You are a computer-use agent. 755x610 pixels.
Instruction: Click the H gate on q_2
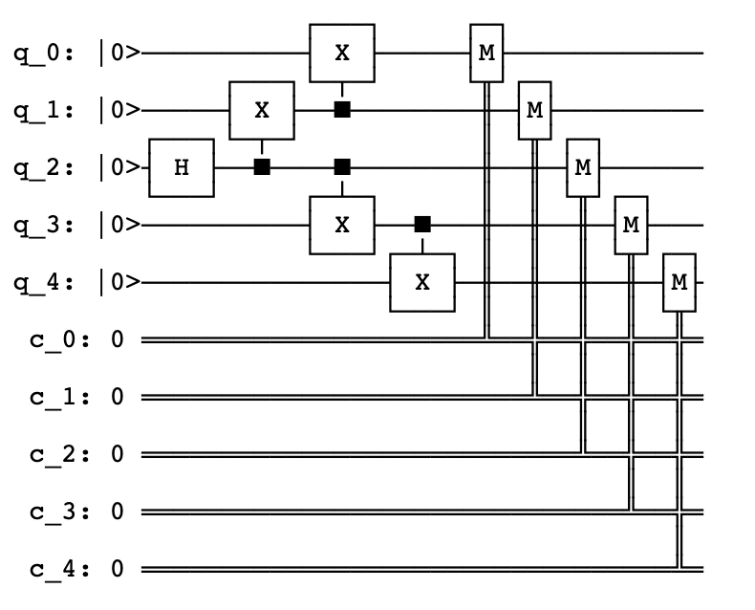click(182, 167)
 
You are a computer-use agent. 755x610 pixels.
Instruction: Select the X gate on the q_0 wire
click(342, 53)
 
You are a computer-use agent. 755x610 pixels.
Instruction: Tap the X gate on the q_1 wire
click(262, 110)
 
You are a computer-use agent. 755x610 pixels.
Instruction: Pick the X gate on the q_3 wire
click(342, 225)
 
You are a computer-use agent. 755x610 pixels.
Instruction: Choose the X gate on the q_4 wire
click(422, 282)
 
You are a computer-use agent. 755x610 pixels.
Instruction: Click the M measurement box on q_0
click(486, 53)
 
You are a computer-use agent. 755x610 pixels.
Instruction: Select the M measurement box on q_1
click(534, 110)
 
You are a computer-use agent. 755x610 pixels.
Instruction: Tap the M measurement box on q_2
click(582, 167)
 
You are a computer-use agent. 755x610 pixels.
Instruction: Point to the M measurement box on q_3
click(630, 225)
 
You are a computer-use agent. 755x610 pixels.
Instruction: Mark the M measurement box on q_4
click(679, 282)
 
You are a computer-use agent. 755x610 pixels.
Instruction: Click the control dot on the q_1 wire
click(342, 110)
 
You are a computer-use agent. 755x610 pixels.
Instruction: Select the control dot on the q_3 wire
click(422, 225)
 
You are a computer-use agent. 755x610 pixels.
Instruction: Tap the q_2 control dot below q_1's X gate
click(262, 167)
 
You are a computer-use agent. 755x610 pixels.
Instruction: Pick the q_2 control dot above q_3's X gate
click(342, 167)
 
